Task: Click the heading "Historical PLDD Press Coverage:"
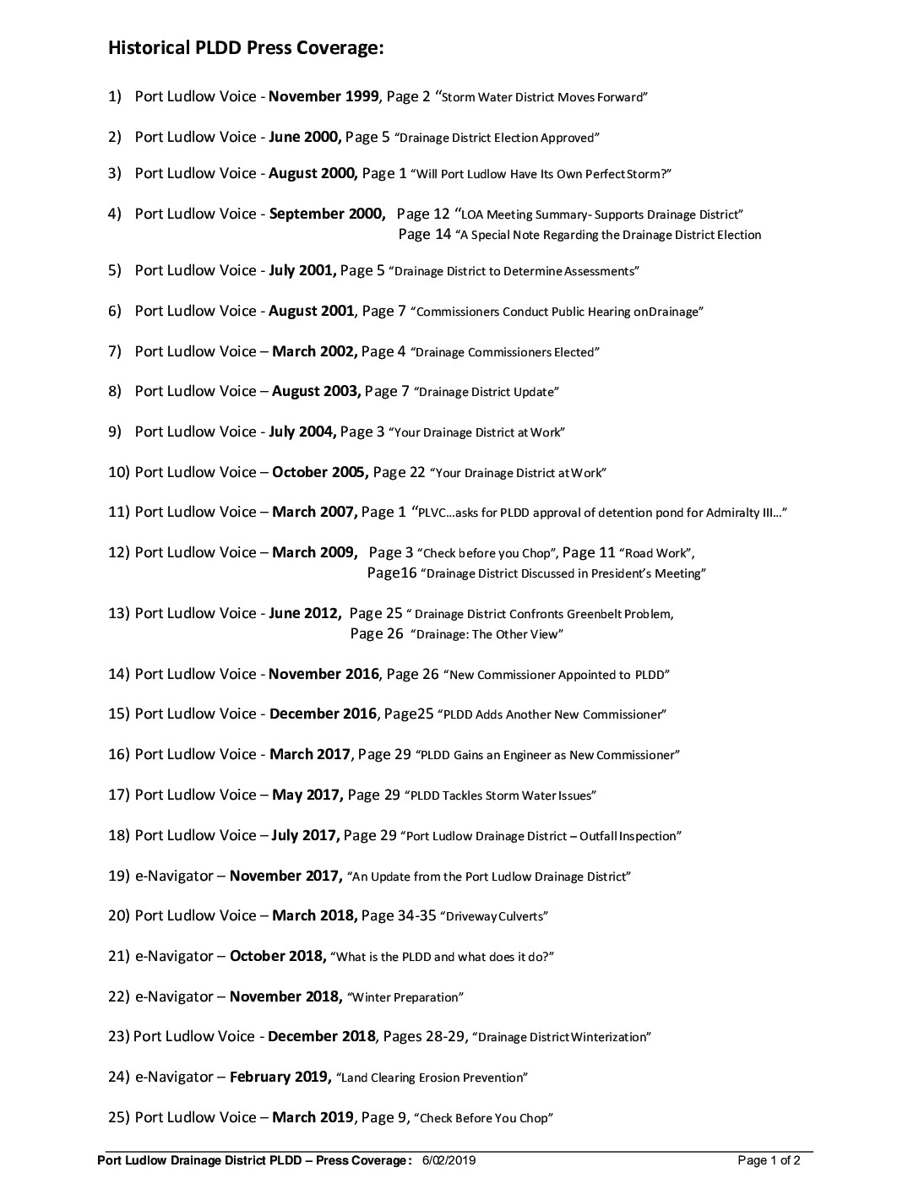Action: click(x=246, y=48)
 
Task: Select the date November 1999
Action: click(x=324, y=96)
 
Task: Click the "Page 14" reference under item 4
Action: click(x=424, y=235)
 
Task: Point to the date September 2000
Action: click(x=327, y=214)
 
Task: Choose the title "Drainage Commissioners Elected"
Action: click(x=505, y=352)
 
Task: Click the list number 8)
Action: click(x=116, y=391)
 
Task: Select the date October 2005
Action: click(x=319, y=472)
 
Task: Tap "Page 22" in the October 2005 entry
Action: click(x=399, y=472)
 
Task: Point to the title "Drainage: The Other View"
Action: click(x=487, y=634)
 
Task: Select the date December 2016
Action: click(x=323, y=714)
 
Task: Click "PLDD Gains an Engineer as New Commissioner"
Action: click(x=547, y=755)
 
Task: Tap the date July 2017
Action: click(x=305, y=835)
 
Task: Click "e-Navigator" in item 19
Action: click(x=174, y=876)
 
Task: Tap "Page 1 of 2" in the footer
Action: click(x=769, y=1160)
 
